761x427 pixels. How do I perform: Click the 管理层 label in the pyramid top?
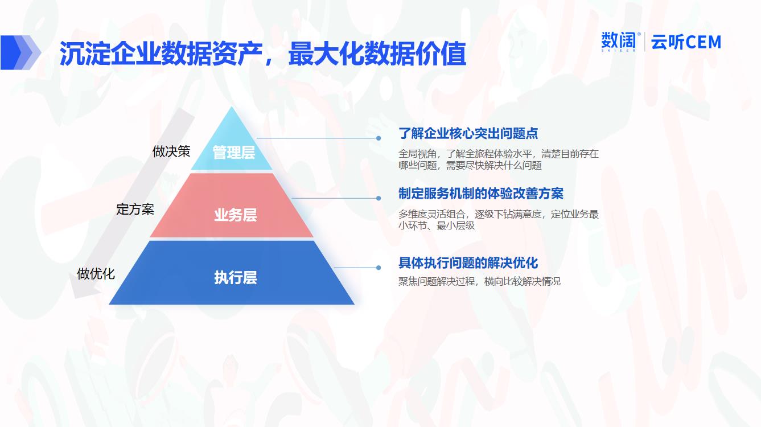coord(234,152)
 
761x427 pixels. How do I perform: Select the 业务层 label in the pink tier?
coord(236,215)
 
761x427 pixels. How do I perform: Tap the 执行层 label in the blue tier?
coord(236,277)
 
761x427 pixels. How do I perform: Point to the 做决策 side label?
coord(171,151)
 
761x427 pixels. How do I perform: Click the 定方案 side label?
coord(135,210)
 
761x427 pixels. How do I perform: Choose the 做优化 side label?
coord(96,274)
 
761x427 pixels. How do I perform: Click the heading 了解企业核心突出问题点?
coord(468,133)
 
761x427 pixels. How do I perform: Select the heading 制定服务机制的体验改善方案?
coord(481,194)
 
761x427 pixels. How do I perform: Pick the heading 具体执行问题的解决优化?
coord(468,263)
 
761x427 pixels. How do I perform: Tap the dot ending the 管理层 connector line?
coord(379,138)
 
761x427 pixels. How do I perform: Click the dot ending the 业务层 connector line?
coord(379,198)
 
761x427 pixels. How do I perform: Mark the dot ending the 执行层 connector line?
coord(379,268)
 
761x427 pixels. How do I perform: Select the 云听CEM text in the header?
coord(686,43)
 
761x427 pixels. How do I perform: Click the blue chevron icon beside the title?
coord(20,52)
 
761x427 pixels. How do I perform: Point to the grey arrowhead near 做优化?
coord(81,285)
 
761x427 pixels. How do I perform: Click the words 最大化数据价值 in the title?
coord(377,54)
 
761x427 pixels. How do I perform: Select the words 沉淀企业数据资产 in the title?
coord(161,54)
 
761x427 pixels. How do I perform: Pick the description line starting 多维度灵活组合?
coord(499,214)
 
